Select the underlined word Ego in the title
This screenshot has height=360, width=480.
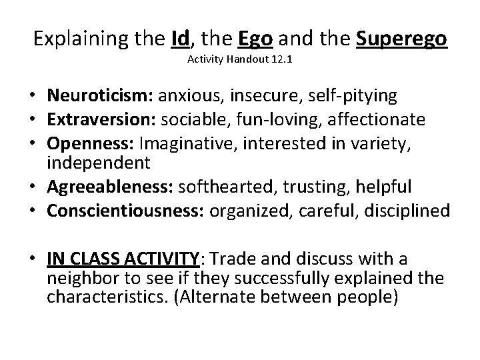tap(254, 39)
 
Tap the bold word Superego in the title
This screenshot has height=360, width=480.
tap(401, 39)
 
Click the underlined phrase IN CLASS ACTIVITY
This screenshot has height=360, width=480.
tap(122, 259)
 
